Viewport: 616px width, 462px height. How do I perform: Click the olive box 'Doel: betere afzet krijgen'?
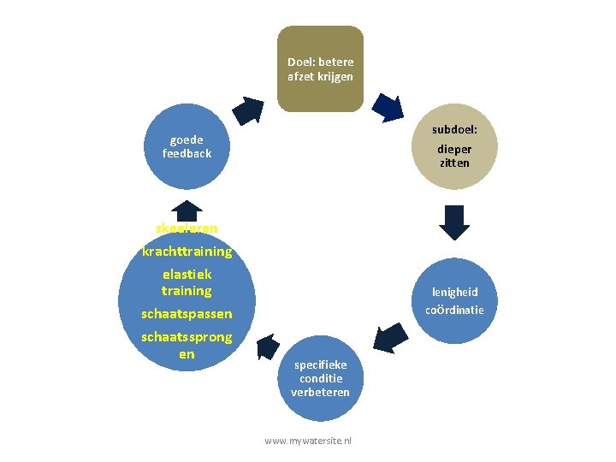[x=320, y=68]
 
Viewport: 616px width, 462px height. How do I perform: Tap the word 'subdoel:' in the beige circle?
[x=454, y=130]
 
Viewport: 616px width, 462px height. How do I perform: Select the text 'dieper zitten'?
[x=454, y=156]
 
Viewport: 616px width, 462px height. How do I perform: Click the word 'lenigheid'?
[x=454, y=292]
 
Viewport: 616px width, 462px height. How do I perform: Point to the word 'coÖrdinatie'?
[x=454, y=310]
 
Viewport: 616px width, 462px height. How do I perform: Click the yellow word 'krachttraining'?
[x=187, y=252]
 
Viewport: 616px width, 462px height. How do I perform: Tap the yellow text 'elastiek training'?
[x=187, y=283]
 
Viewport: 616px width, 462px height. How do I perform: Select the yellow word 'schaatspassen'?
[x=187, y=314]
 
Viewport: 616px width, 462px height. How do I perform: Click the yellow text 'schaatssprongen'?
[x=187, y=345]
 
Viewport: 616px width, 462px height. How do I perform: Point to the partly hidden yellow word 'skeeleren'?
[x=187, y=228]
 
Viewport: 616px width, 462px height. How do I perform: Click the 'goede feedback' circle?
[x=187, y=146]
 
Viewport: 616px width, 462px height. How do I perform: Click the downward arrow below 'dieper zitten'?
[x=454, y=222]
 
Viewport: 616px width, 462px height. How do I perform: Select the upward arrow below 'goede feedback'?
[x=187, y=210]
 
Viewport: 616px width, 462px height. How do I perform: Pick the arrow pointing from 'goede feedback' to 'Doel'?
[x=249, y=110]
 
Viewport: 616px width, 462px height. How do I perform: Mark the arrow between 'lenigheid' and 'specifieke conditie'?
[x=392, y=336]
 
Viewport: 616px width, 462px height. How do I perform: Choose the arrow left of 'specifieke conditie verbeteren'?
[x=266, y=346]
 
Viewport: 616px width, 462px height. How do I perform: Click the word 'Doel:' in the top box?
[x=303, y=62]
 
